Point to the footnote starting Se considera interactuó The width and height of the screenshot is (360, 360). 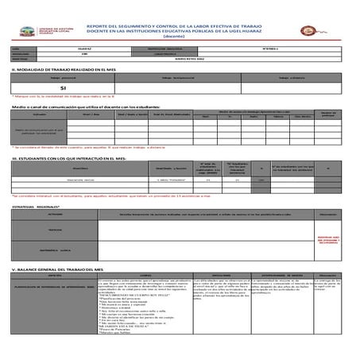tap(119, 194)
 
